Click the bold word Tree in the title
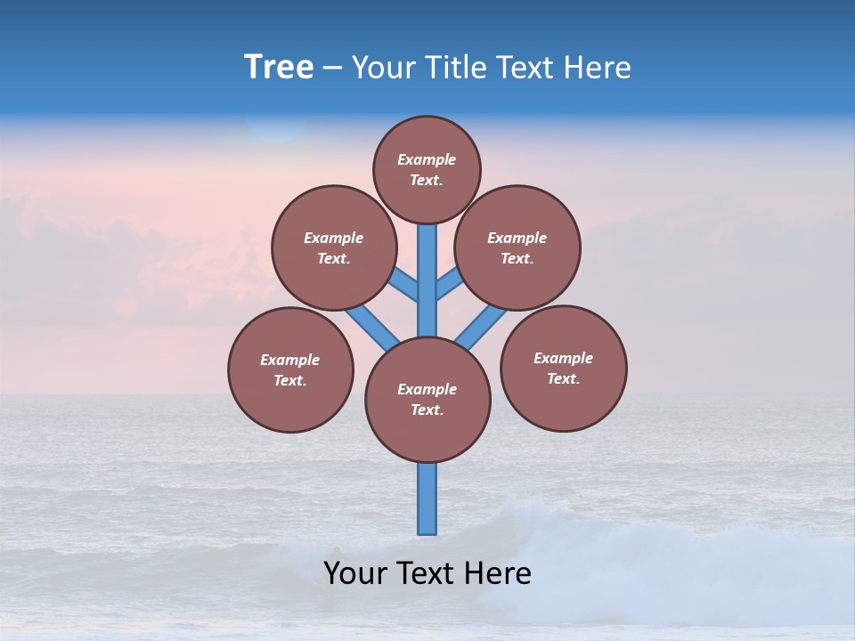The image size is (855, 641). click(x=279, y=67)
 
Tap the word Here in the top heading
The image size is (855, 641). click(x=597, y=68)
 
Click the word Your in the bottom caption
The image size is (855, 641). click(x=357, y=573)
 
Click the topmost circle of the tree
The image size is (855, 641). click(x=427, y=169)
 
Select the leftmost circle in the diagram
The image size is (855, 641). click(x=290, y=369)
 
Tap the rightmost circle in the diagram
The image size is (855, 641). click(x=563, y=368)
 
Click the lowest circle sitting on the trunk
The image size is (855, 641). click(x=427, y=400)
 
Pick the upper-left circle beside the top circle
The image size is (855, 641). click(x=334, y=247)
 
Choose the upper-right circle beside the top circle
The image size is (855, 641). click(x=517, y=247)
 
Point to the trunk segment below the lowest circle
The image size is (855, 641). click(x=427, y=499)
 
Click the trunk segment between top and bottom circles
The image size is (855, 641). click(x=427, y=280)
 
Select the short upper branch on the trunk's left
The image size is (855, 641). click(x=405, y=285)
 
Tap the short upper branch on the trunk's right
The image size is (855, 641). click(x=448, y=284)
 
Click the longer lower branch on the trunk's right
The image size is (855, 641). click(x=481, y=327)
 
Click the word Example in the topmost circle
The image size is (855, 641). click(x=427, y=159)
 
